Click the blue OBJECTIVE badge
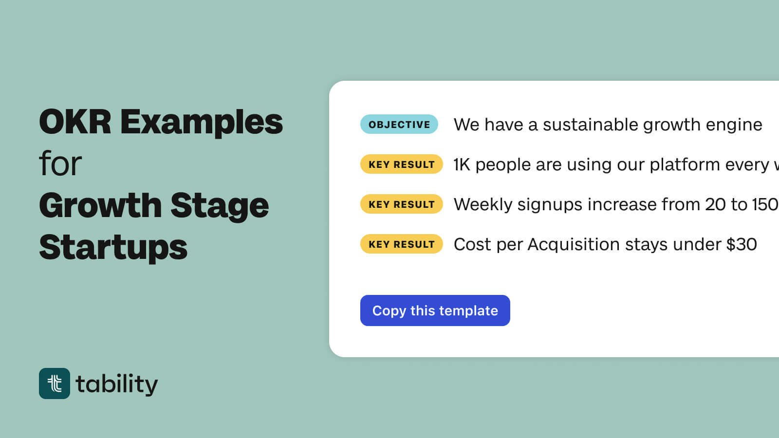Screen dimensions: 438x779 click(x=399, y=124)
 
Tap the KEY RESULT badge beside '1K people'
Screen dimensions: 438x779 click(x=401, y=164)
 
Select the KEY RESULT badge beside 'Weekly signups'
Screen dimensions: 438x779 click(x=401, y=204)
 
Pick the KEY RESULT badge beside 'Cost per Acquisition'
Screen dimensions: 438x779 click(x=401, y=244)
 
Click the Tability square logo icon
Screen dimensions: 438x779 click(x=55, y=383)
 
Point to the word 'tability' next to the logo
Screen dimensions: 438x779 click(x=117, y=384)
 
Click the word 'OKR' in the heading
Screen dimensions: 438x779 click(x=75, y=122)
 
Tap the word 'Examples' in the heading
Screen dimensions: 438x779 click(x=201, y=123)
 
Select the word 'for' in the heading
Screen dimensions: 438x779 click(x=60, y=164)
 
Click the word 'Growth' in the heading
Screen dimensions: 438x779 click(x=100, y=205)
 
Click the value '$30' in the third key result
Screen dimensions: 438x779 click(x=741, y=244)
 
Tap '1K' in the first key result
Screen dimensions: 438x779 click(x=462, y=164)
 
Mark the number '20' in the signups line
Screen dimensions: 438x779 click(x=715, y=204)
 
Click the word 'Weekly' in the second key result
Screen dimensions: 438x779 click(x=482, y=205)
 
